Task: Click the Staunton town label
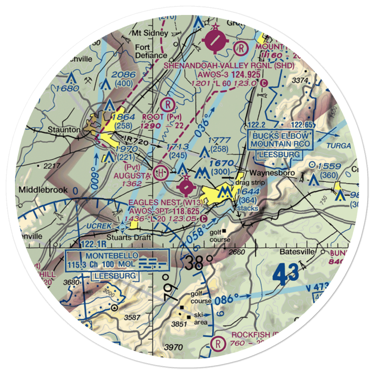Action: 64,130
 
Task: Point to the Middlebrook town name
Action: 43,190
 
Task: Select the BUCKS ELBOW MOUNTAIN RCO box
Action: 280,140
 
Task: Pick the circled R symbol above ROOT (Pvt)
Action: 167,104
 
